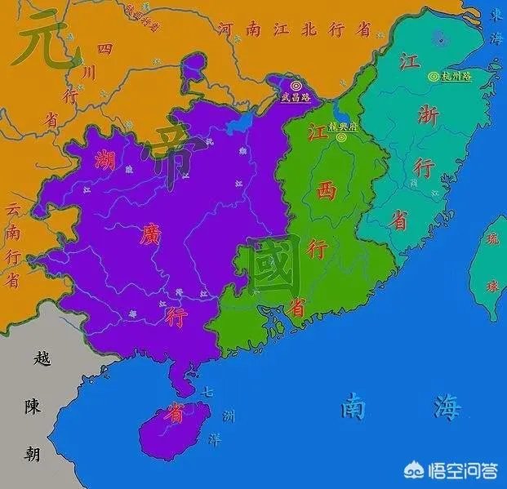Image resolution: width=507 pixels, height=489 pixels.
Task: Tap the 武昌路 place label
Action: pyautogui.click(x=295, y=96)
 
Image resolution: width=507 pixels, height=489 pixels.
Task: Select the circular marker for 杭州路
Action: pyautogui.click(x=434, y=77)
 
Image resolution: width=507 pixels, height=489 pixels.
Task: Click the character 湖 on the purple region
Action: pyautogui.click(x=103, y=160)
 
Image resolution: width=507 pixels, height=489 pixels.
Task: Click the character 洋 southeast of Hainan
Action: pyautogui.click(x=214, y=439)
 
